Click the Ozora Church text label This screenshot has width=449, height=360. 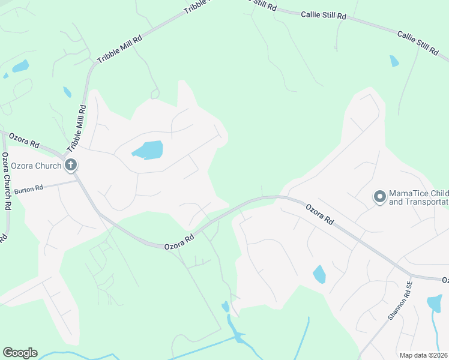point(35,165)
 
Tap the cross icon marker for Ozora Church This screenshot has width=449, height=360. point(71,164)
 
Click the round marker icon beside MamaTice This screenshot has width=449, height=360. point(379,197)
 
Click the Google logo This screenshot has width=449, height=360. point(20,353)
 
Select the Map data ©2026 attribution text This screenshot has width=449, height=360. point(423,355)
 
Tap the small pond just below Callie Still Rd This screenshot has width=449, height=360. point(394,61)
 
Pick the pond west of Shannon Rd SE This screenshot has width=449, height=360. point(319,274)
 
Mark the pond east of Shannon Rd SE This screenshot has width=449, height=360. point(435,304)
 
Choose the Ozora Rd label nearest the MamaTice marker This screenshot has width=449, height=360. point(319,214)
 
